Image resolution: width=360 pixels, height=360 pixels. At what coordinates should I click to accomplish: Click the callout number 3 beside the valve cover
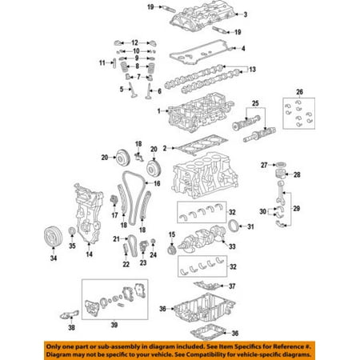tap(246, 14)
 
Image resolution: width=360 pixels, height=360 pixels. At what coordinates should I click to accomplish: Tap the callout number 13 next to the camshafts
tap(253, 70)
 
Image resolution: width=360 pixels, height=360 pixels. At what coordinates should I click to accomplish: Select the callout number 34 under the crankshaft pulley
tap(53, 258)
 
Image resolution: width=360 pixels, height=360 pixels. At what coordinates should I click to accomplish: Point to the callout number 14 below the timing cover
tap(90, 254)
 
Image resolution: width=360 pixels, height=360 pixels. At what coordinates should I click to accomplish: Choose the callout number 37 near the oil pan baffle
tap(234, 286)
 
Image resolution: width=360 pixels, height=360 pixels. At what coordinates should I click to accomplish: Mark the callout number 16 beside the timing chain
tap(157, 184)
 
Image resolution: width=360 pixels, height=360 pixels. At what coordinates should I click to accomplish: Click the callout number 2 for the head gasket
tap(165, 149)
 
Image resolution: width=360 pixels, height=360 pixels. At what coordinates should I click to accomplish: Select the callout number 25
tap(257, 105)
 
